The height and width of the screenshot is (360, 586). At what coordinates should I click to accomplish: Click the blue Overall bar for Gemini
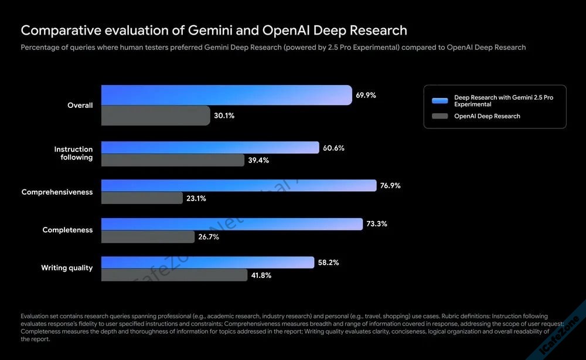click(226, 95)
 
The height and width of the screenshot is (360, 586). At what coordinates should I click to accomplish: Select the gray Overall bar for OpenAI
click(155, 116)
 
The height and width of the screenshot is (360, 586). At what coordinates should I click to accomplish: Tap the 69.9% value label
click(366, 95)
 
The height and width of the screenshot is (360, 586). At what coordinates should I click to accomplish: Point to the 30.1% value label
click(224, 116)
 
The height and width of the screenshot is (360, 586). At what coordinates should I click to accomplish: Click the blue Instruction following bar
click(210, 148)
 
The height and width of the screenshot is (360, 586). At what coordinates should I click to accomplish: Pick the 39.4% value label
click(258, 160)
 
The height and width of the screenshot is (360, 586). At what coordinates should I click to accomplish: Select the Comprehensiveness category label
click(57, 192)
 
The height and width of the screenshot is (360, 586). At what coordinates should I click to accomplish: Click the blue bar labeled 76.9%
click(239, 185)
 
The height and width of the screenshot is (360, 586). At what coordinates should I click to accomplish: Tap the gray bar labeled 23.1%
click(142, 198)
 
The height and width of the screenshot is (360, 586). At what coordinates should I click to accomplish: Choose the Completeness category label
click(67, 230)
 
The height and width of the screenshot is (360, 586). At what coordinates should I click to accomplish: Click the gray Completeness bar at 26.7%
click(148, 236)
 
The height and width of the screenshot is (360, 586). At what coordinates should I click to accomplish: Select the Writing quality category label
click(67, 268)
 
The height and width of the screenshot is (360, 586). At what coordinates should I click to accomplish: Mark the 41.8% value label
click(261, 274)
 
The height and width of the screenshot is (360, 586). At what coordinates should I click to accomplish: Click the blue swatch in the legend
click(439, 100)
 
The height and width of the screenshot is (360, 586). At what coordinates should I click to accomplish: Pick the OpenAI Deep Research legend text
click(487, 116)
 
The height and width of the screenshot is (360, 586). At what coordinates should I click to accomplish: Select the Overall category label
click(80, 106)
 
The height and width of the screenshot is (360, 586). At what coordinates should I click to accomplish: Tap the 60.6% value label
click(333, 148)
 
